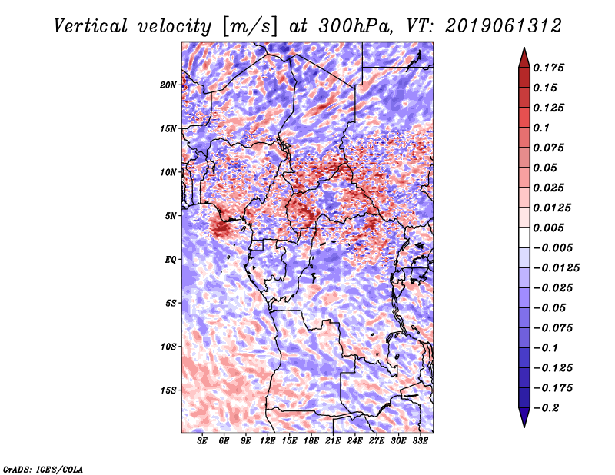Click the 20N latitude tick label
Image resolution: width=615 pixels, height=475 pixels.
(168, 85)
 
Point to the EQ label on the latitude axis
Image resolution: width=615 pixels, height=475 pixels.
(171, 259)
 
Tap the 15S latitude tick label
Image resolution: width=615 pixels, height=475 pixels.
(168, 390)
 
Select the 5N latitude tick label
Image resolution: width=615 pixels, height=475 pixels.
(171, 215)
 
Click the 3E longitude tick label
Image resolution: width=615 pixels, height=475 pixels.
(203, 441)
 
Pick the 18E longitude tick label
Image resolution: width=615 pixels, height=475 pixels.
(311, 441)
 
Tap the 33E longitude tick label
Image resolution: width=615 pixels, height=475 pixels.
(420, 441)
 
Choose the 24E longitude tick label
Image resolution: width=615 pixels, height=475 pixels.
(354, 441)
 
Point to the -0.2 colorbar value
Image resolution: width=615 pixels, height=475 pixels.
(550, 407)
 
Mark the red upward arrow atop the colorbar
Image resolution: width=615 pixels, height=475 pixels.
(524, 57)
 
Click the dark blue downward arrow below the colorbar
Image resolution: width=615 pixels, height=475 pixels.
(524, 418)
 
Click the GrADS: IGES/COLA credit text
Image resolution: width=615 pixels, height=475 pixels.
(42, 468)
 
